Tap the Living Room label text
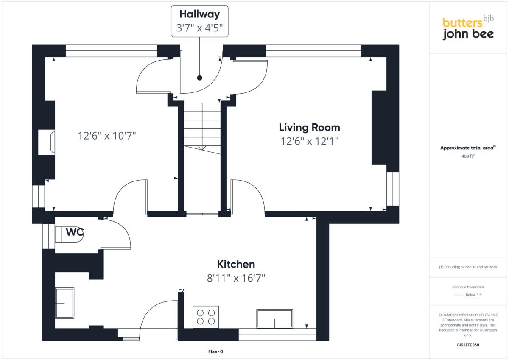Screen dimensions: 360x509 (309, 127)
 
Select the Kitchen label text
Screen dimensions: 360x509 (236, 264)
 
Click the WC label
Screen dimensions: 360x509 (75, 232)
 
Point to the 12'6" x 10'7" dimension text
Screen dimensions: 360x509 (106, 136)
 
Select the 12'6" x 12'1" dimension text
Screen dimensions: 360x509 (310, 141)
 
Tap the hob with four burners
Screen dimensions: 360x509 (206, 317)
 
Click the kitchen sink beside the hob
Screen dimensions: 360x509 (274, 318)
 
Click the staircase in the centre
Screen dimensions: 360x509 (202, 127)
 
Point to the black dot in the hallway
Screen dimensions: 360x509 (199, 78)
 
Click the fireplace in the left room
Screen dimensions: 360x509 (47, 142)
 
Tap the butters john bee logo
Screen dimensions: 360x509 (468, 28)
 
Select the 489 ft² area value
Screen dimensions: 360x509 (468, 156)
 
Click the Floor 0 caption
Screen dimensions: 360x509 (215, 352)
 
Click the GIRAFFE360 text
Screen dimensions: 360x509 (468, 345)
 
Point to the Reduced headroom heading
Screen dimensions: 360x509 (468, 287)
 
